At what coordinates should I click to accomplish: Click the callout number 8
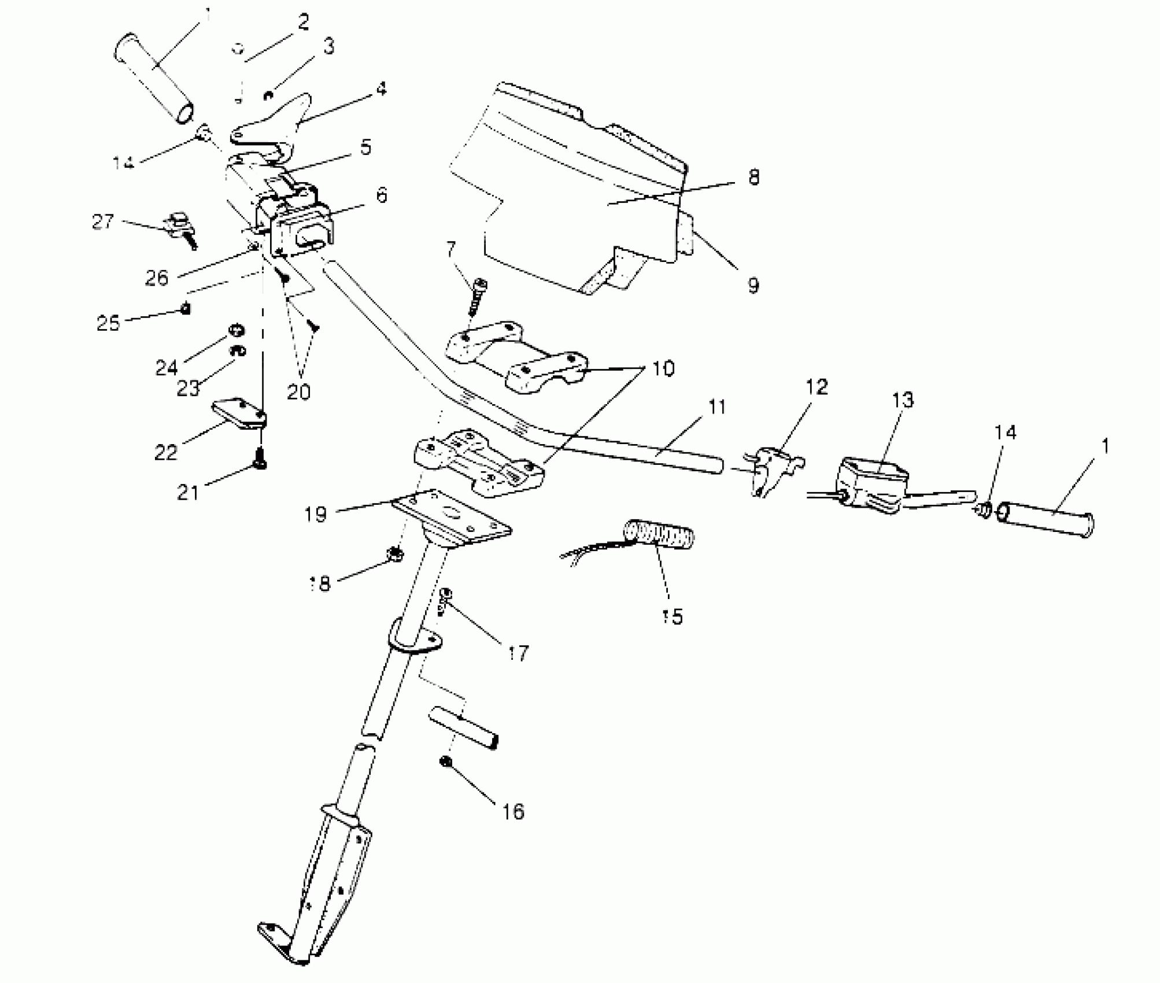click(753, 177)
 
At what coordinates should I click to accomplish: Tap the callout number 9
click(752, 284)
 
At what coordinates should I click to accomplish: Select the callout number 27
click(103, 221)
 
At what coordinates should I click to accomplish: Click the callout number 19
click(316, 513)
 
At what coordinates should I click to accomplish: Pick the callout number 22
click(165, 452)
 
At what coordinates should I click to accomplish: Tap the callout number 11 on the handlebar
click(716, 408)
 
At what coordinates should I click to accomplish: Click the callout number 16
click(513, 811)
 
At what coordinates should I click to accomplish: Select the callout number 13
click(903, 400)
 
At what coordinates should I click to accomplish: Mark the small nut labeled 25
click(186, 309)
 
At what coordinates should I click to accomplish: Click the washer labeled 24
click(236, 330)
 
